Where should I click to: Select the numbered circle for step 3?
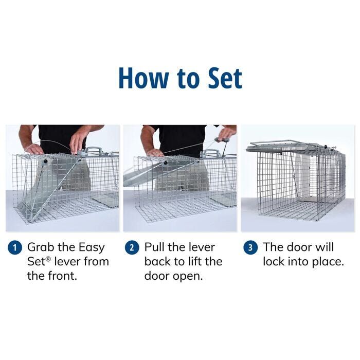(250, 247)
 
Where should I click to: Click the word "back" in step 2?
(158, 261)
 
